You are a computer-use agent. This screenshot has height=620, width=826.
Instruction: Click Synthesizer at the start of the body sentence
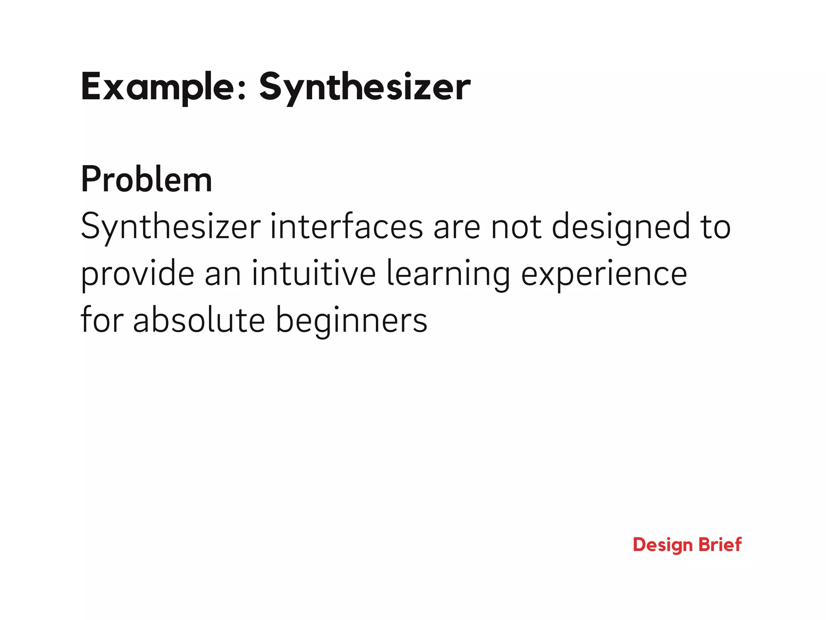(171, 227)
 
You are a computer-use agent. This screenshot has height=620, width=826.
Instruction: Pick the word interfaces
(346, 227)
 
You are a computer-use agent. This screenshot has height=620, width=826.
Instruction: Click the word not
(516, 227)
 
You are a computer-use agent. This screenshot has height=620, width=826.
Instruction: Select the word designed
(621, 227)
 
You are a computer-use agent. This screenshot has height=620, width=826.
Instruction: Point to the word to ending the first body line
(715, 227)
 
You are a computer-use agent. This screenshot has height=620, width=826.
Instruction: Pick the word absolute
(199, 320)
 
